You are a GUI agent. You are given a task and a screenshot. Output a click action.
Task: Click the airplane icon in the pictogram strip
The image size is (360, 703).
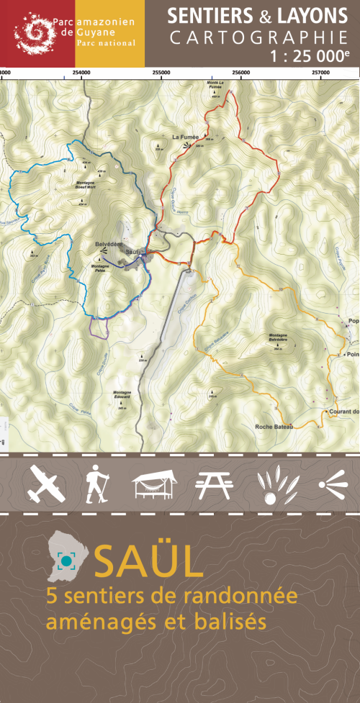[x=47, y=484]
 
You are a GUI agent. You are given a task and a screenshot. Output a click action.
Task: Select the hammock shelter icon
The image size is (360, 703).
[x=154, y=483]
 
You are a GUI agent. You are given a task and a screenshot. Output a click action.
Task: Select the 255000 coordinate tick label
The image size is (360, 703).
[x=161, y=73]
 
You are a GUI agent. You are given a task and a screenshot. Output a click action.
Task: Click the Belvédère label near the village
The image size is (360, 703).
[x=107, y=245]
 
